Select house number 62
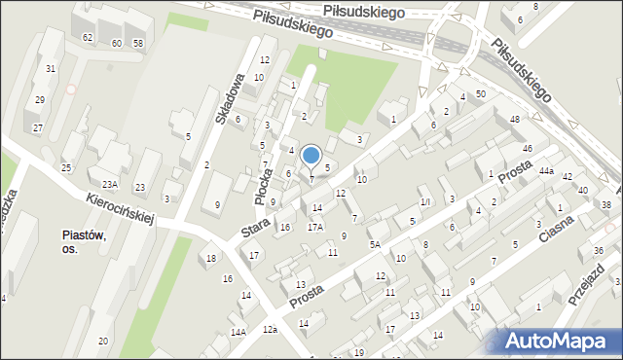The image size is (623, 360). (x=88, y=37)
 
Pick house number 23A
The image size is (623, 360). (x=109, y=184)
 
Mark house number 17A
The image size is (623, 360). (x=315, y=227)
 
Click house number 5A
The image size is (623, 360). (x=375, y=245)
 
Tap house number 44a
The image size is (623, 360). (x=547, y=171)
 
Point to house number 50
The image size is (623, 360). (x=481, y=93)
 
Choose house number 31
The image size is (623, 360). (x=51, y=68)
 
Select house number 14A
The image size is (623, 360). (x=238, y=332)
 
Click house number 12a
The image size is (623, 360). (x=270, y=329)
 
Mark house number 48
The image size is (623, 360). (x=514, y=119)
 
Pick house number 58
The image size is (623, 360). (x=138, y=43)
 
